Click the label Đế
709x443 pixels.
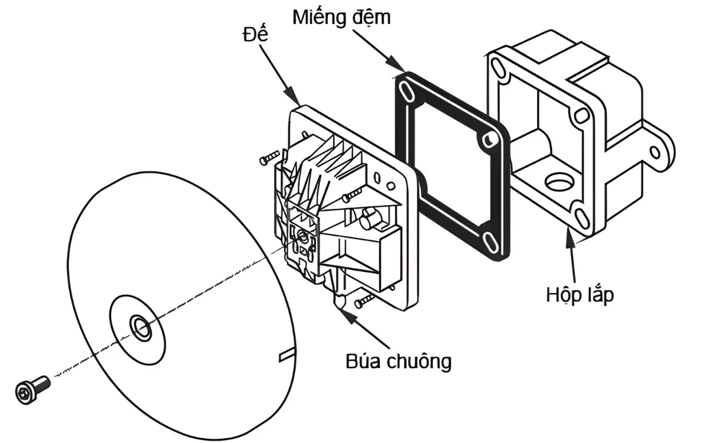(x=255, y=34)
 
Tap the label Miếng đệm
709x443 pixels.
(x=341, y=17)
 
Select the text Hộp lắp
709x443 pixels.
(x=579, y=294)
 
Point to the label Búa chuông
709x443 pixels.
(x=398, y=360)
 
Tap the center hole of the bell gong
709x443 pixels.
(x=139, y=326)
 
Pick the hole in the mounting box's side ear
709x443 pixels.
(x=655, y=152)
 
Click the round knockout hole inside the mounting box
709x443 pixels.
(x=558, y=182)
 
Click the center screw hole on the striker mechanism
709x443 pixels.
(x=303, y=236)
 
